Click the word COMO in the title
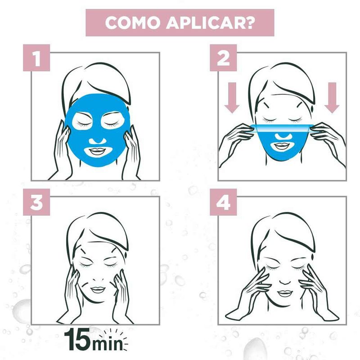pyautogui.click(x=133, y=23)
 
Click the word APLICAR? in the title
pyautogui.click(x=211, y=23)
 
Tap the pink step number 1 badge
pyautogui.click(x=36, y=58)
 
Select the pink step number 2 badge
pyautogui.click(x=223, y=58)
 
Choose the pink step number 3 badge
pyautogui.click(x=36, y=202)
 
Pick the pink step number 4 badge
pyautogui.click(x=223, y=202)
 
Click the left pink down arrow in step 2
pyautogui.click(x=232, y=98)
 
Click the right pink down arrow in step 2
pyautogui.click(x=332, y=98)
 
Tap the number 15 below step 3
pyautogui.click(x=77, y=339)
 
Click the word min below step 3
pyautogui.click(x=107, y=343)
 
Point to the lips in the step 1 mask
pyautogui.click(x=97, y=151)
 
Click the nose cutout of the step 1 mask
pyautogui.click(x=97, y=141)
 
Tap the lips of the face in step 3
pyautogui.click(x=98, y=290)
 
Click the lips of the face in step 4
pyautogui.click(x=285, y=293)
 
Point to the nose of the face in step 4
pyautogui.click(x=285, y=281)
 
